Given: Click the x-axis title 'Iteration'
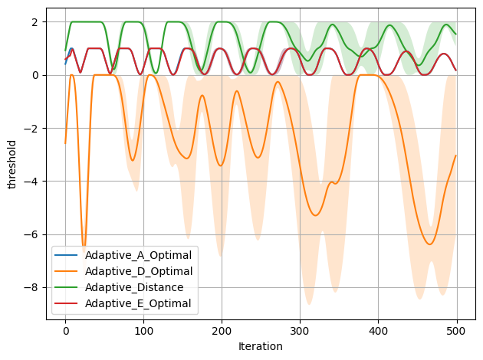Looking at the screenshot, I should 261,346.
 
